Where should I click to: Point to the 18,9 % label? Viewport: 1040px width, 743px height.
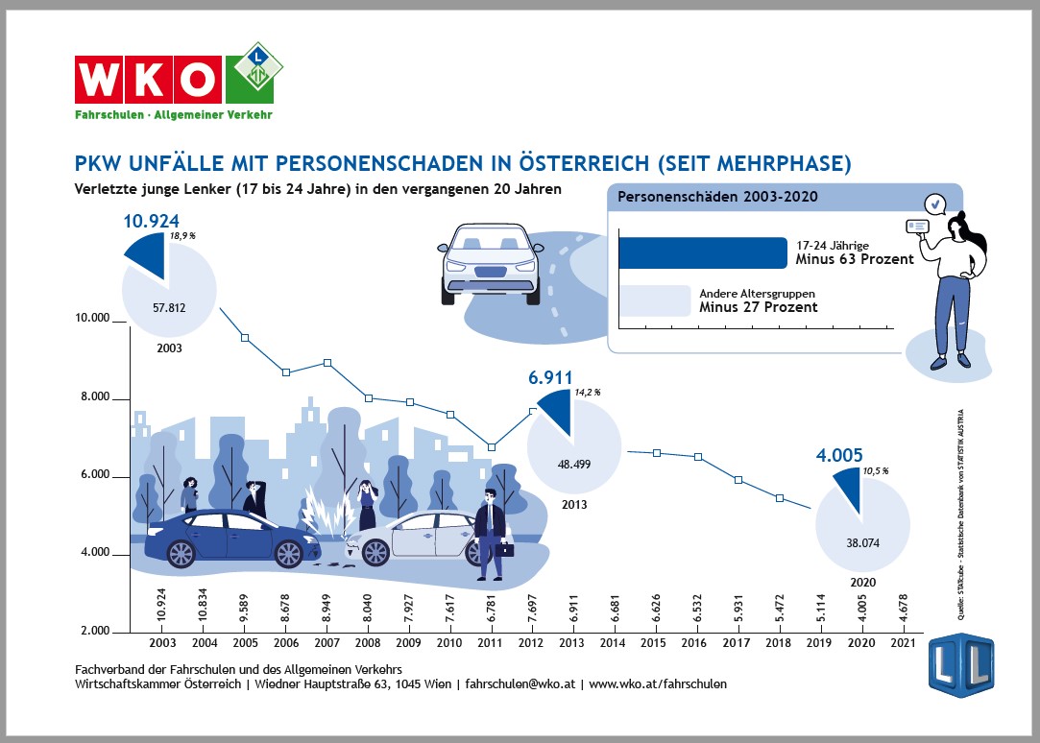pos(182,235)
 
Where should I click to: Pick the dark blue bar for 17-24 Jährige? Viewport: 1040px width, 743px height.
pos(702,252)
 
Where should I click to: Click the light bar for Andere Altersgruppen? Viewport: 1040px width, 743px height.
pos(655,300)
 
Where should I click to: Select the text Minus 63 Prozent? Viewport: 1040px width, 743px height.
pos(855,259)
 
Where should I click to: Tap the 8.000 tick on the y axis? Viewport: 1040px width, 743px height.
pos(94,398)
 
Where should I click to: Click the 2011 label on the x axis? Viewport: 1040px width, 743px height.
pos(491,642)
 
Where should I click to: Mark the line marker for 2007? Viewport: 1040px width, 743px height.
pos(327,363)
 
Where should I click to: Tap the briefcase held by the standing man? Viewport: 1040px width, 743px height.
pos(504,549)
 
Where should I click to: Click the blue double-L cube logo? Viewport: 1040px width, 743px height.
pos(960,664)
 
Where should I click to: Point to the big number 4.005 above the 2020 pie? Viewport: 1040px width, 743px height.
pos(840,456)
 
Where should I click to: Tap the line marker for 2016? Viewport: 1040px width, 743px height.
pos(698,457)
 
